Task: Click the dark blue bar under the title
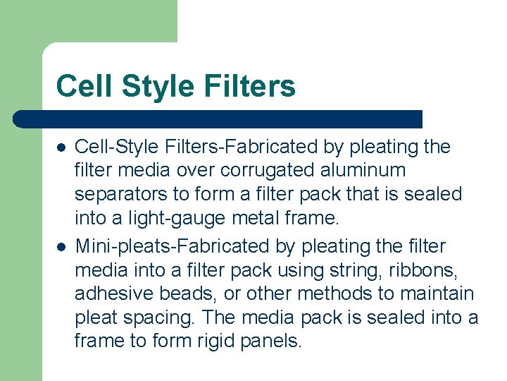(218, 119)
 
